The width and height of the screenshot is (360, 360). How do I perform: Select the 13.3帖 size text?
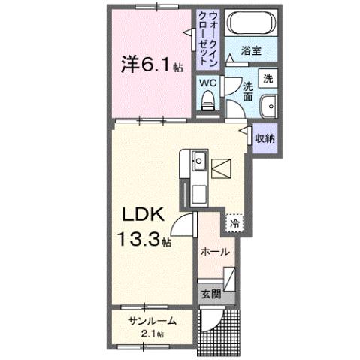[x=144, y=241]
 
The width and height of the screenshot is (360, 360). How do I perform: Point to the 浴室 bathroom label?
[x=251, y=50]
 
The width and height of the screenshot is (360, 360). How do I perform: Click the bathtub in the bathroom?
[x=251, y=24]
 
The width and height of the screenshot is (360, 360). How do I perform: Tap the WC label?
[x=209, y=83]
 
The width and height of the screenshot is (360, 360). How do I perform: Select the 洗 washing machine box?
[x=268, y=77]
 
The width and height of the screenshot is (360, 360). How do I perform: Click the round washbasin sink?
[x=268, y=106]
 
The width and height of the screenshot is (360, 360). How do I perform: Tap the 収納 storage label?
[x=264, y=138]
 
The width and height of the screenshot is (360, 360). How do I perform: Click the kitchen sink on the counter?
[x=199, y=160]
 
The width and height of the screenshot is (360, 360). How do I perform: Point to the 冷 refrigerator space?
[x=234, y=222]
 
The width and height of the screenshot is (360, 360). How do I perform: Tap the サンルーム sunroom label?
[x=152, y=321]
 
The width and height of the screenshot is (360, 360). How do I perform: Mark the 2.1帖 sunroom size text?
[x=153, y=333]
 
